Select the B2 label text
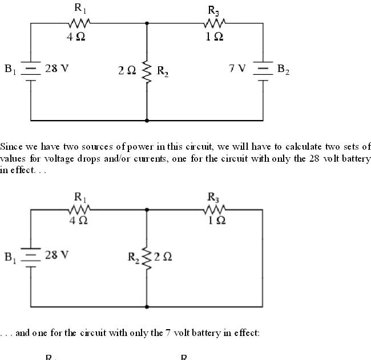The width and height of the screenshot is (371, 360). [283, 70]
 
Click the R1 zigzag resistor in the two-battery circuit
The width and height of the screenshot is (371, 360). [78, 23]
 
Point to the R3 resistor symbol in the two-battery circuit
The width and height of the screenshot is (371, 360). [215, 23]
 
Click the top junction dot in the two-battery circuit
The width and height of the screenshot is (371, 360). [147, 23]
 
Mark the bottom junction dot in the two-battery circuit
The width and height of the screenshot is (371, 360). [147, 121]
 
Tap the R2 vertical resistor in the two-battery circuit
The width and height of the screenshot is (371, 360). [147, 71]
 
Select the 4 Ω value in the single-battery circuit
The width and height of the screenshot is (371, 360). [78, 221]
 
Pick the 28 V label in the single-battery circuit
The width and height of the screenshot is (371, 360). [57, 255]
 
